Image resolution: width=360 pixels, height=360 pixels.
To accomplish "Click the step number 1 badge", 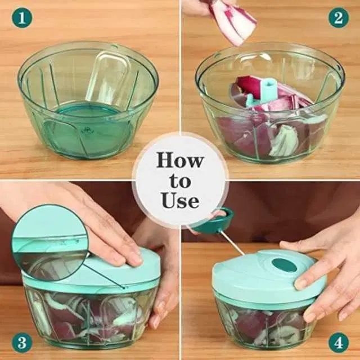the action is click(22, 17).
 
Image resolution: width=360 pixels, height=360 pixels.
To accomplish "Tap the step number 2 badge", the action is click(339, 17).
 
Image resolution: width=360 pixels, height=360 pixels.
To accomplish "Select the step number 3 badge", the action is click(22, 343).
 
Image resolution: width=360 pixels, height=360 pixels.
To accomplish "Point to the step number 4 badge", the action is click(339, 343).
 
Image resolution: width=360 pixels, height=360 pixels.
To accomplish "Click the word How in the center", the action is click(180, 160).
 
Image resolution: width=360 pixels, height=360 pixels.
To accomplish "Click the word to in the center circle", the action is click(180, 181).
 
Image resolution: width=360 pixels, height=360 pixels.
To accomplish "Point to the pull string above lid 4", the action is click(232, 243).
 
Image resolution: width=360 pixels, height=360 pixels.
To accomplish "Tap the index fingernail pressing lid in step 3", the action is click(136, 260).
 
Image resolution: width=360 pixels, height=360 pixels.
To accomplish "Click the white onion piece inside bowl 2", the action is click(282, 141).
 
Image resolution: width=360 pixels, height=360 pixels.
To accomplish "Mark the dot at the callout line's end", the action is click(124, 287).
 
